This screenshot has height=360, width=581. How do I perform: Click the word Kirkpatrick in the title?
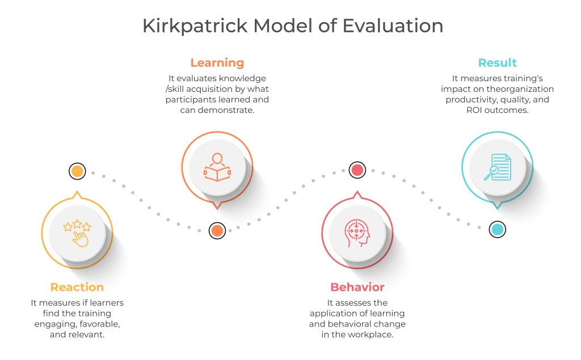[x=195, y=26]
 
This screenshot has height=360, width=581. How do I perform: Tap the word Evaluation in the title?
[x=393, y=26]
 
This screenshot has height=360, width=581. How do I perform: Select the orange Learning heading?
[x=217, y=63]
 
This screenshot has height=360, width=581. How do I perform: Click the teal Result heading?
[x=497, y=62]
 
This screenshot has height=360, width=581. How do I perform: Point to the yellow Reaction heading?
[x=77, y=287]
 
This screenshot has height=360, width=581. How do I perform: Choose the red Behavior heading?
[x=357, y=287]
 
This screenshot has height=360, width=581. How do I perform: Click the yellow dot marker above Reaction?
[x=77, y=171]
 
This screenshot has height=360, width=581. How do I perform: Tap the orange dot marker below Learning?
[x=217, y=230]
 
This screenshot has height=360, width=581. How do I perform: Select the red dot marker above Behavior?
[x=357, y=170]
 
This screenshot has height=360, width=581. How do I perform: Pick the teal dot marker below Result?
[x=497, y=229]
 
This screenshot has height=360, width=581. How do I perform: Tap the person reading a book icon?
[x=217, y=167]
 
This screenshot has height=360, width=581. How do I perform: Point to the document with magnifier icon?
[x=497, y=167]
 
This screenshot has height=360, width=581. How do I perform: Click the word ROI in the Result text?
[x=474, y=110]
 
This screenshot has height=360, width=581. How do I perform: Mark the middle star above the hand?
[x=77, y=224]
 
